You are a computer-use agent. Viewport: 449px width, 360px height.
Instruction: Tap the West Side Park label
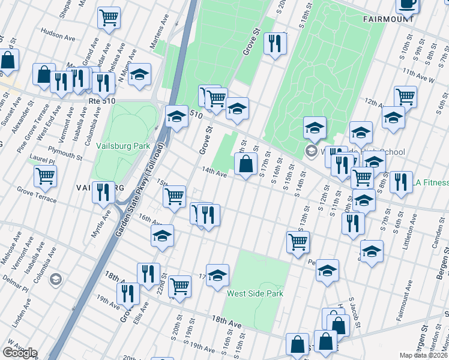click(x=255, y=293)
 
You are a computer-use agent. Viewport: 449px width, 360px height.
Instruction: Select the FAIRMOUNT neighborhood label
click(x=388, y=19)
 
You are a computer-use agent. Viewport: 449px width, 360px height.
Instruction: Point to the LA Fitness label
click(x=430, y=182)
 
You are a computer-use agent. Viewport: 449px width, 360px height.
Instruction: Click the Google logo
click(x=20, y=353)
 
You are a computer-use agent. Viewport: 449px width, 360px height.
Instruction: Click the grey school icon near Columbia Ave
click(x=55, y=279)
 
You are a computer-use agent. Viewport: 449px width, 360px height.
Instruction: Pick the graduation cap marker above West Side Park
click(x=218, y=275)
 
